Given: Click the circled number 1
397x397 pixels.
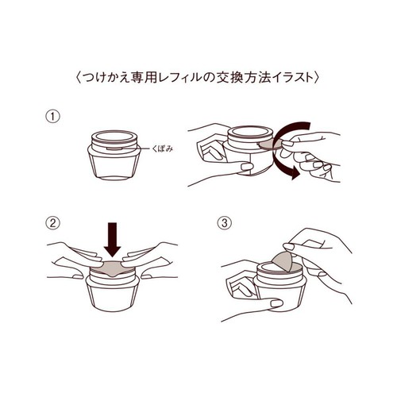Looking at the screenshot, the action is tap(53, 117).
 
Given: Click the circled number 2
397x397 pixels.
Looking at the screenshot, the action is tap(53, 223).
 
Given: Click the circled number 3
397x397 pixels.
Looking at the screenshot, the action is tap(225, 223).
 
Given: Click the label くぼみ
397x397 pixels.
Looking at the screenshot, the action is tap(163, 148).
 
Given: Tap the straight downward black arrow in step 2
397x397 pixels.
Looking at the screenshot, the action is tap(113, 240).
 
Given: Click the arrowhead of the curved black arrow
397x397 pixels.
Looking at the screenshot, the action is tap(295, 174).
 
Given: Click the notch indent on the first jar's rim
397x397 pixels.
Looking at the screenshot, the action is tap(114, 148).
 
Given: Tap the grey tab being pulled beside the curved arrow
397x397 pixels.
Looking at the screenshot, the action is tap(271, 145).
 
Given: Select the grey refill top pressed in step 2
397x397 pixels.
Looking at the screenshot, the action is tap(113, 268).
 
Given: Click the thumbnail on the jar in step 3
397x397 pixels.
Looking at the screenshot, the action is tap(277, 303).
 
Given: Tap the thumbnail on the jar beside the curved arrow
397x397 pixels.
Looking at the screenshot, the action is tap(248, 167).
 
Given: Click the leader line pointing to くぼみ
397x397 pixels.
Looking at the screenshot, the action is tap(136, 148).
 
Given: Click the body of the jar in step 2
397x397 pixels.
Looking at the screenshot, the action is tap(113, 294).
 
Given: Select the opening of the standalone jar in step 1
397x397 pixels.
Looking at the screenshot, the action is tap(114, 137).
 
